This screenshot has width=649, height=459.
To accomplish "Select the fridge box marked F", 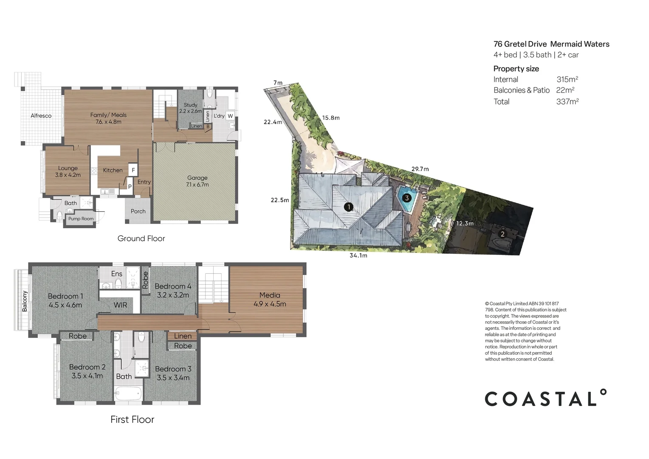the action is pos(133,170).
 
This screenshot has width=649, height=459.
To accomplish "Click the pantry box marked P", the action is pos(130,187).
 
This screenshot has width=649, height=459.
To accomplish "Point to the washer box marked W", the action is pos(230,116).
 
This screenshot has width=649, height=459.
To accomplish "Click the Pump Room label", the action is pos(81,218).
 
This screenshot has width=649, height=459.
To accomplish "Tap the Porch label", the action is pos(138,211).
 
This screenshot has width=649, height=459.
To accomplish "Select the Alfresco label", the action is pos(41,116).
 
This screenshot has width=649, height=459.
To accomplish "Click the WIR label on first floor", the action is pos(120,305).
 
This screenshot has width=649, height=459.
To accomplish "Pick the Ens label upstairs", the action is pos(117,274).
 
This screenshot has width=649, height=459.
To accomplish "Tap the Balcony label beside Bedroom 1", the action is pos(25,301).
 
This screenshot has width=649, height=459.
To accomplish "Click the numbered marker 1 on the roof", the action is pos(349,207).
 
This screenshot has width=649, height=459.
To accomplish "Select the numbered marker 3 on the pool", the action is pos(407,198).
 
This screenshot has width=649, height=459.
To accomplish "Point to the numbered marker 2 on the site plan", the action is pos(503,234).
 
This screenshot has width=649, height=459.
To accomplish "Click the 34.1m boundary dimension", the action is pos(358,255).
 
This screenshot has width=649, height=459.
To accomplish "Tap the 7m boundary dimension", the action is pos(278,82).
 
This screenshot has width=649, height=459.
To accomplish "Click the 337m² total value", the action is pos(567,102).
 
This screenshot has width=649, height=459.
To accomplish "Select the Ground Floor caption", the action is pos(141,238).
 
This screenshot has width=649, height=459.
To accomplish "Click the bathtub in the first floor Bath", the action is pos(128,394).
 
